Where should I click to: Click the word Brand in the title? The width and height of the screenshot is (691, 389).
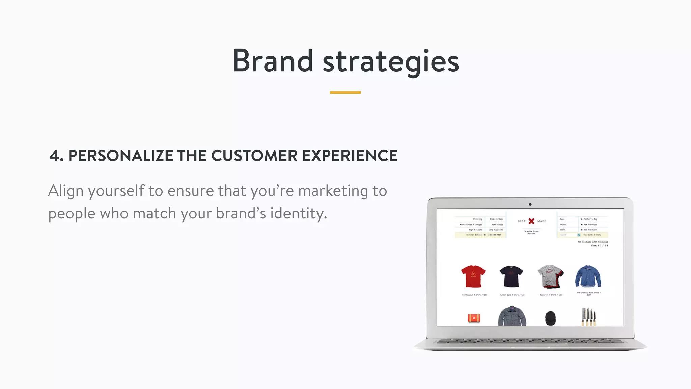tap(273, 61)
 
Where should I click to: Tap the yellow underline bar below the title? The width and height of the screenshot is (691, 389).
tap(345, 92)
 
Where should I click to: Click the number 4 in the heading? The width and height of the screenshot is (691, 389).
tap(55, 156)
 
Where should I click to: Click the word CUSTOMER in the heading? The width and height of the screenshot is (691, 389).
tap(254, 156)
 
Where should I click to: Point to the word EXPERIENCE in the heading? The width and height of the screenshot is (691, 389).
tap(350, 156)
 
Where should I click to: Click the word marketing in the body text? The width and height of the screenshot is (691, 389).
tap(333, 191)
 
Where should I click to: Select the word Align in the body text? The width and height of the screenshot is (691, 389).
tap(66, 191)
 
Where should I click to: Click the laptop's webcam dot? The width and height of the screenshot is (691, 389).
tap(530, 204)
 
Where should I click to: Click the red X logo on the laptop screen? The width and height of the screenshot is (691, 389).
tap(531, 221)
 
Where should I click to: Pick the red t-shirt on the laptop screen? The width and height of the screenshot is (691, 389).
tap(473, 276)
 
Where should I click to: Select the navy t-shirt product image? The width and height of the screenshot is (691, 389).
tap(511, 276)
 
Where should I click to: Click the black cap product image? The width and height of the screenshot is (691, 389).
tap(550, 318)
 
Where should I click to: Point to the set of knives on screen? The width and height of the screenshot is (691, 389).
tap(588, 317)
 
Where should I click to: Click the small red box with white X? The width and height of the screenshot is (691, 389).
tap(474, 318)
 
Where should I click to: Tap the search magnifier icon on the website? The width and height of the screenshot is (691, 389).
tap(579, 235)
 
